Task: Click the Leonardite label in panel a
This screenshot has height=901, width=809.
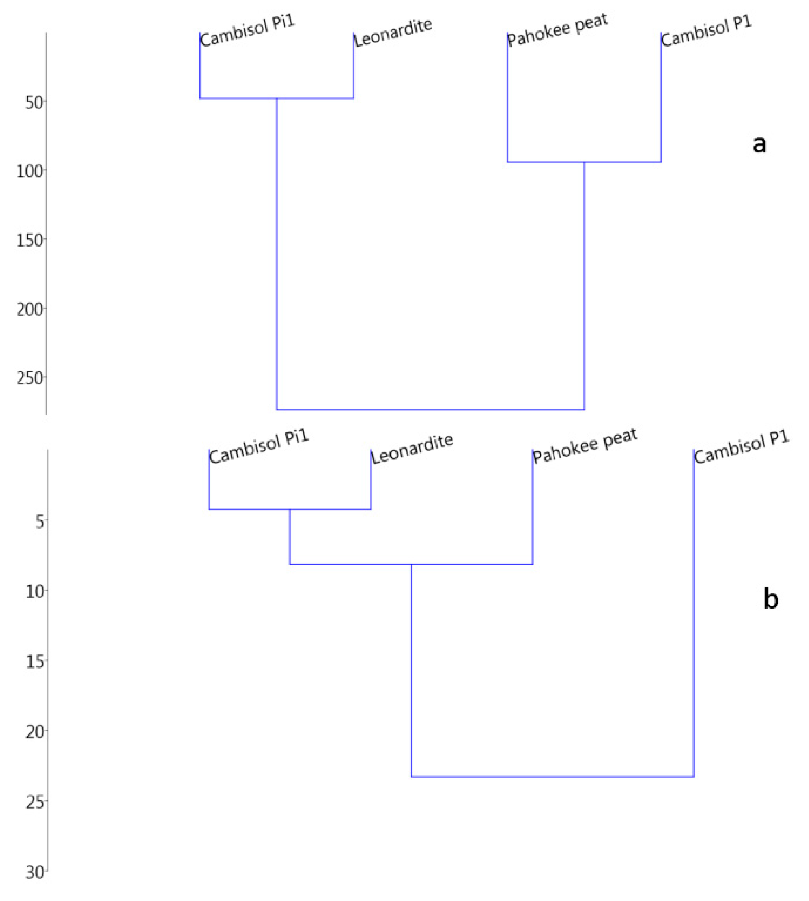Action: point(393,32)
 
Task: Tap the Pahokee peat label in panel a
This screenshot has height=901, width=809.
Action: point(557,30)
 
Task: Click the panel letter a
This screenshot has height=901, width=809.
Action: point(759,145)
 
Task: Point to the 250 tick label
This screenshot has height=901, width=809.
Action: point(30,378)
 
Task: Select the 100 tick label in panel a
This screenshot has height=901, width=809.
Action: point(30,171)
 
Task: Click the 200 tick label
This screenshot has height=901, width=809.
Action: point(30,310)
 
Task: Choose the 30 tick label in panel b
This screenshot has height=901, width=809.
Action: point(35,872)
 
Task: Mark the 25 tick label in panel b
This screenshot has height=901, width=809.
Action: point(35,803)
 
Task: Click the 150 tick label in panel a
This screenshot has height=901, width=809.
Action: point(30,241)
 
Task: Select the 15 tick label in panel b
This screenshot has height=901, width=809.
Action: point(35,662)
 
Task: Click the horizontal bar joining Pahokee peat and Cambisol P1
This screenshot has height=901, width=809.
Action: point(584,162)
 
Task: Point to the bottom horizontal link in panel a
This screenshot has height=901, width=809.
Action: point(430,409)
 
